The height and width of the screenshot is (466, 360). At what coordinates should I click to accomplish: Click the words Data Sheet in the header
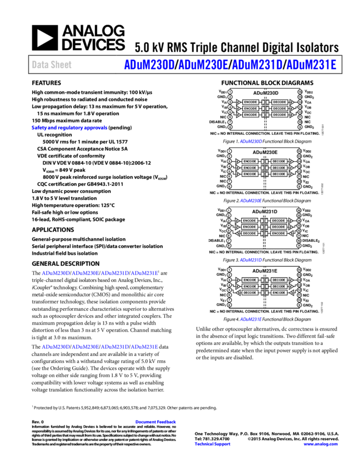(x=52, y=65)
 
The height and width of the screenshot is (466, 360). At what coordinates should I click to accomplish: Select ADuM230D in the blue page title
(x=149, y=65)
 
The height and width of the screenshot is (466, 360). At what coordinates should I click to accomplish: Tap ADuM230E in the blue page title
(x=203, y=65)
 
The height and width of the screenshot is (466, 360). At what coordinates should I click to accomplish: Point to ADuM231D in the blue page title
(x=257, y=65)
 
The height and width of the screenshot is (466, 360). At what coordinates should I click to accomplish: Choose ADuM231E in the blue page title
(x=311, y=65)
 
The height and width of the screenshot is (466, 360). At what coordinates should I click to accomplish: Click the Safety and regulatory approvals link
(x=70, y=128)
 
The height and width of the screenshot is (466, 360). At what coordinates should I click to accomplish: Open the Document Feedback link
(x=156, y=422)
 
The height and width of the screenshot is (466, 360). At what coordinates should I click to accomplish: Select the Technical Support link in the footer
(x=213, y=444)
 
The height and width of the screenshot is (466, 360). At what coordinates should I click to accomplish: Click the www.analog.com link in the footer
(x=321, y=444)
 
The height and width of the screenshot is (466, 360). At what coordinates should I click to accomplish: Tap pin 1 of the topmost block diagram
(x=230, y=92)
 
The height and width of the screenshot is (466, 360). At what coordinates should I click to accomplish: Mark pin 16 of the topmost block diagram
(x=300, y=92)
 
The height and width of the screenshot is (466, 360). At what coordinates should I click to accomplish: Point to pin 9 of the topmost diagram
(x=300, y=127)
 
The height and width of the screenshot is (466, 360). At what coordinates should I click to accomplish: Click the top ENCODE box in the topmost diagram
(x=250, y=102)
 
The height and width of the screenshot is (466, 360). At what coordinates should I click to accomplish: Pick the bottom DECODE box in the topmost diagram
(x=279, y=115)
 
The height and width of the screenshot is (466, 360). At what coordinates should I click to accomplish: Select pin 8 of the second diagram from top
(x=229, y=186)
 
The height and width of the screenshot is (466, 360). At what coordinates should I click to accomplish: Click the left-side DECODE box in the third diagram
(x=249, y=233)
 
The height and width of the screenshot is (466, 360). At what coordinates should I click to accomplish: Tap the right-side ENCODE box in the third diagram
(x=278, y=233)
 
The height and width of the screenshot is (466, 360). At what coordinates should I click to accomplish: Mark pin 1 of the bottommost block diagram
(x=229, y=270)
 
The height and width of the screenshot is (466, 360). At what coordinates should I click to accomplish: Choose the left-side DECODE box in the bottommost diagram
(x=250, y=293)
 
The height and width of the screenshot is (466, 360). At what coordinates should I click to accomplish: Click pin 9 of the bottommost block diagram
(x=299, y=305)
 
